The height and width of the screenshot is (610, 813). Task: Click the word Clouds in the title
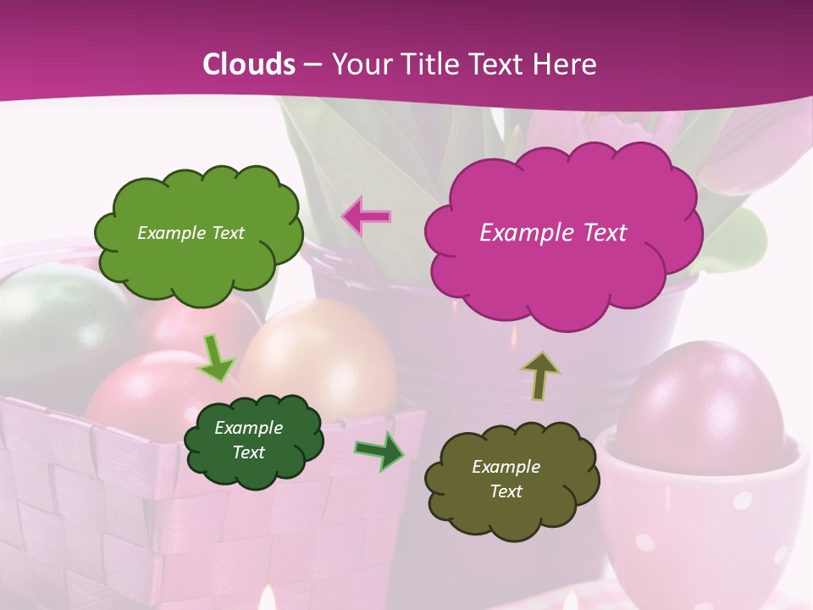point(249,64)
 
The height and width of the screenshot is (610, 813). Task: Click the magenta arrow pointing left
point(366,216)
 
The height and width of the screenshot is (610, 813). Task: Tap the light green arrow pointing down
point(217,358)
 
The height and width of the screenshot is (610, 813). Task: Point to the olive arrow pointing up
point(539,374)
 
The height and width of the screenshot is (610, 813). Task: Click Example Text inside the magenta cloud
point(553,233)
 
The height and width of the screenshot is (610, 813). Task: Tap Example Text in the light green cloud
point(191,233)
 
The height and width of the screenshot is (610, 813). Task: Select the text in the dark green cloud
point(248,441)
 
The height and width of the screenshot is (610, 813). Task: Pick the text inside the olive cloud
point(506,480)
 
